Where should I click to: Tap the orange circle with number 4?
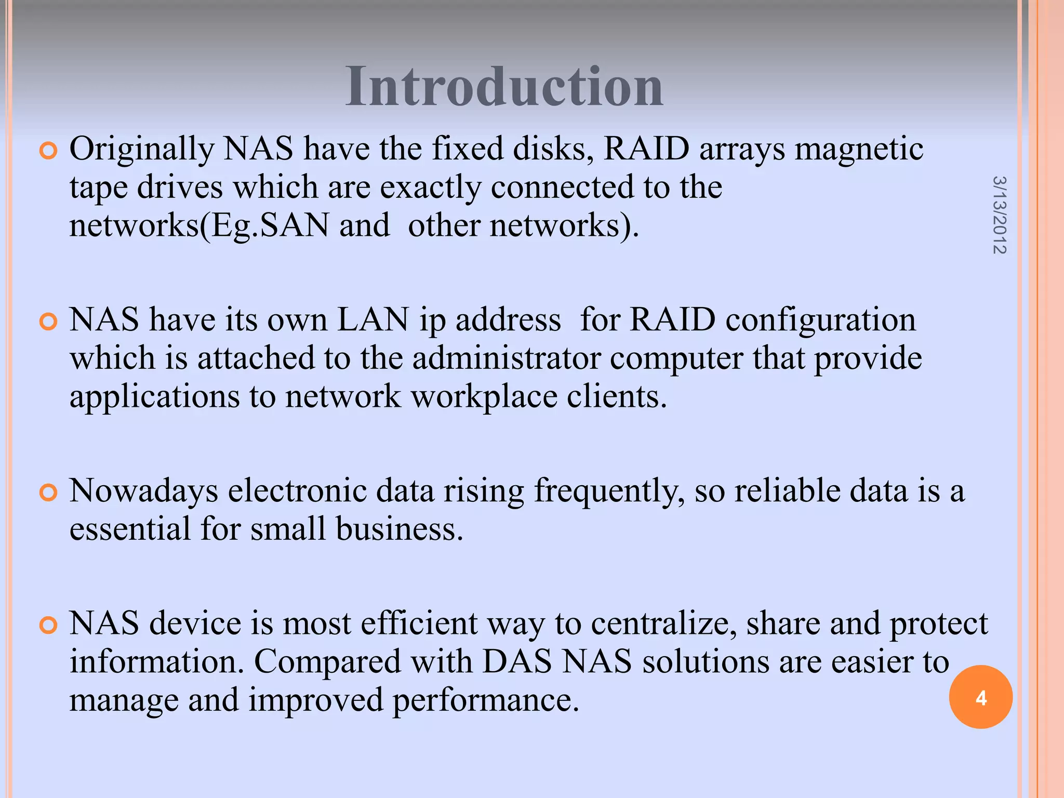[980, 697]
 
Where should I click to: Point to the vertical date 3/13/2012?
[999, 215]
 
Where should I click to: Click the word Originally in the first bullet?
[142, 150]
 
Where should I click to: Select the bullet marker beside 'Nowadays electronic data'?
[48, 493]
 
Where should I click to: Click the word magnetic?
[859, 149]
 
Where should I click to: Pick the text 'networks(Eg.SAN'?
[199, 225]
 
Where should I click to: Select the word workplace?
[484, 397]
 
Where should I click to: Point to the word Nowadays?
[144, 491]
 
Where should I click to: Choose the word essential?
[130, 529]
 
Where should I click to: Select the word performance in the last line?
[485, 700]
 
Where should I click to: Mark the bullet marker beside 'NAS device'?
[48, 625]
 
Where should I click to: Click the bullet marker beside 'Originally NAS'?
[48, 151]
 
